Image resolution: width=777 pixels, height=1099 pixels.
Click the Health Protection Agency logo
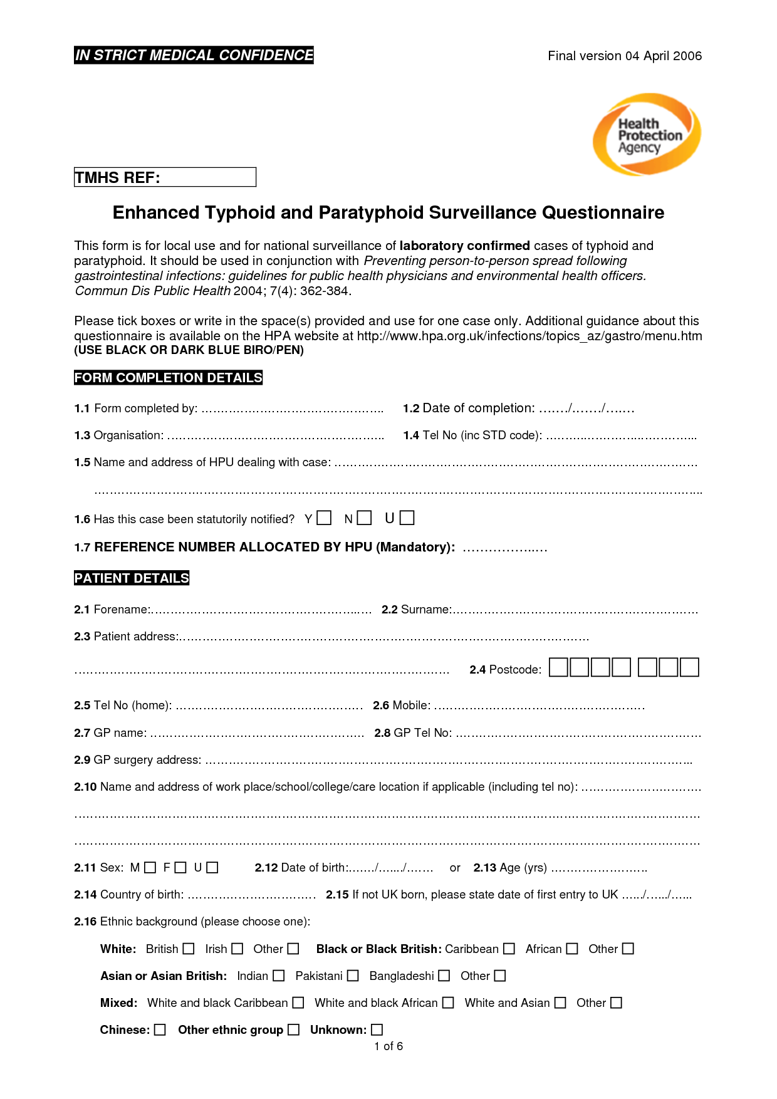(x=647, y=134)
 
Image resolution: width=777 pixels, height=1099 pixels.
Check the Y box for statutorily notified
(x=324, y=518)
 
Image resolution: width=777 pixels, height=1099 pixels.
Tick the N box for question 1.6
(x=365, y=518)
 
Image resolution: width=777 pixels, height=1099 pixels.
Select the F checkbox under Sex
(x=180, y=868)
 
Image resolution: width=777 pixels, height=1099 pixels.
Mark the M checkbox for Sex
(x=150, y=868)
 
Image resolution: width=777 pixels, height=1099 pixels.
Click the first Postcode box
(x=558, y=667)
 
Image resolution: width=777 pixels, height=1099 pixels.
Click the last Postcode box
(x=689, y=667)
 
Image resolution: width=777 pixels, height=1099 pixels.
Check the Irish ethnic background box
(x=237, y=949)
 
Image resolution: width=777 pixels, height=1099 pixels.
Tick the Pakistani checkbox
(x=353, y=976)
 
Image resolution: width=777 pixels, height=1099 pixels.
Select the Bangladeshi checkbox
(x=444, y=976)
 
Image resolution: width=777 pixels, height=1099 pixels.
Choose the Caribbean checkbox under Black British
(x=509, y=949)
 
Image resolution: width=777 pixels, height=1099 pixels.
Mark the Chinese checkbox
(x=160, y=1029)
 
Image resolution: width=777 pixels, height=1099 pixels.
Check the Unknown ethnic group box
(x=377, y=1029)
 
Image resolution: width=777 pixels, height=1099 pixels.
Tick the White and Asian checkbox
(x=560, y=1003)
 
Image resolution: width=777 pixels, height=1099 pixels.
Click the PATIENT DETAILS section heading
(x=132, y=578)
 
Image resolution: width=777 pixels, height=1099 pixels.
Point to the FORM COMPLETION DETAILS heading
(x=168, y=378)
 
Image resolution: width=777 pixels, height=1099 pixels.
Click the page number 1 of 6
(x=388, y=1046)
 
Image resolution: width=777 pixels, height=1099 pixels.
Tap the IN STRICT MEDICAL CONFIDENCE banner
(x=194, y=55)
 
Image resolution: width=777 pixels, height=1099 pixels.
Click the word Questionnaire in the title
(x=603, y=213)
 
